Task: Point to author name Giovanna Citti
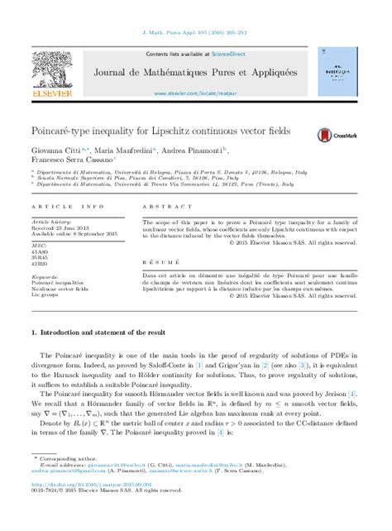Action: click(x=55, y=151)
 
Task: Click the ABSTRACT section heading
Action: click(x=157, y=205)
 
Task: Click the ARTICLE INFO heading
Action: click(x=60, y=205)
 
